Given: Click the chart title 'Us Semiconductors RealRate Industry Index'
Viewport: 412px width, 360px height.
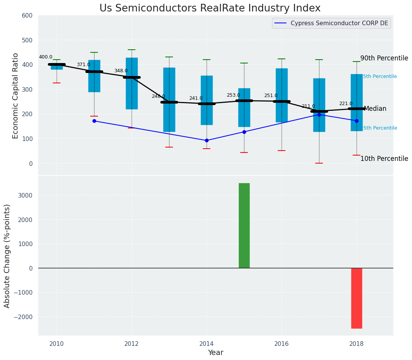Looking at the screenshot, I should [210, 8].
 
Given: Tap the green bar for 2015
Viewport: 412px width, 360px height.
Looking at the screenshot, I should [244, 225].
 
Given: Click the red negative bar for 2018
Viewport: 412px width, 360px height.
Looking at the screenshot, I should [357, 298].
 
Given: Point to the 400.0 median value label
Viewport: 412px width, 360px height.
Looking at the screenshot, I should [46, 57].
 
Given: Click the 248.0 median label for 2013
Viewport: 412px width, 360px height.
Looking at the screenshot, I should [158, 96].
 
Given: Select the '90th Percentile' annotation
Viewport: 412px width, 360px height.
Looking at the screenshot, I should [384, 58].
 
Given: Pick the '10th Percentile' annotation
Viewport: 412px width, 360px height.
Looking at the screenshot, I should [384, 159].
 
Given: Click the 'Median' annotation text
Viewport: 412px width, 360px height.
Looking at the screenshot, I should [375, 109].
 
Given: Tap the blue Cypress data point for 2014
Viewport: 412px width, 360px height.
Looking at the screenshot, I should [207, 140].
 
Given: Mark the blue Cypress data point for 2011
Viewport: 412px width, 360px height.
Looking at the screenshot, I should [94, 121].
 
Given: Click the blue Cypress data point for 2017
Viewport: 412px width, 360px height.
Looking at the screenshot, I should [319, 114].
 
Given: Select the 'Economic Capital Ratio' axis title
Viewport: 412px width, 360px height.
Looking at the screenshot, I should [16, 96].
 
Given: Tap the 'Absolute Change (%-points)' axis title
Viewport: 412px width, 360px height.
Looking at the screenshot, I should [7, 256].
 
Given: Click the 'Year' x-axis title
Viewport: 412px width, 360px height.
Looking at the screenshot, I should [215, 352].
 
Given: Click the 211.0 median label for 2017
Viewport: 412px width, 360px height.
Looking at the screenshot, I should [308, 106].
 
